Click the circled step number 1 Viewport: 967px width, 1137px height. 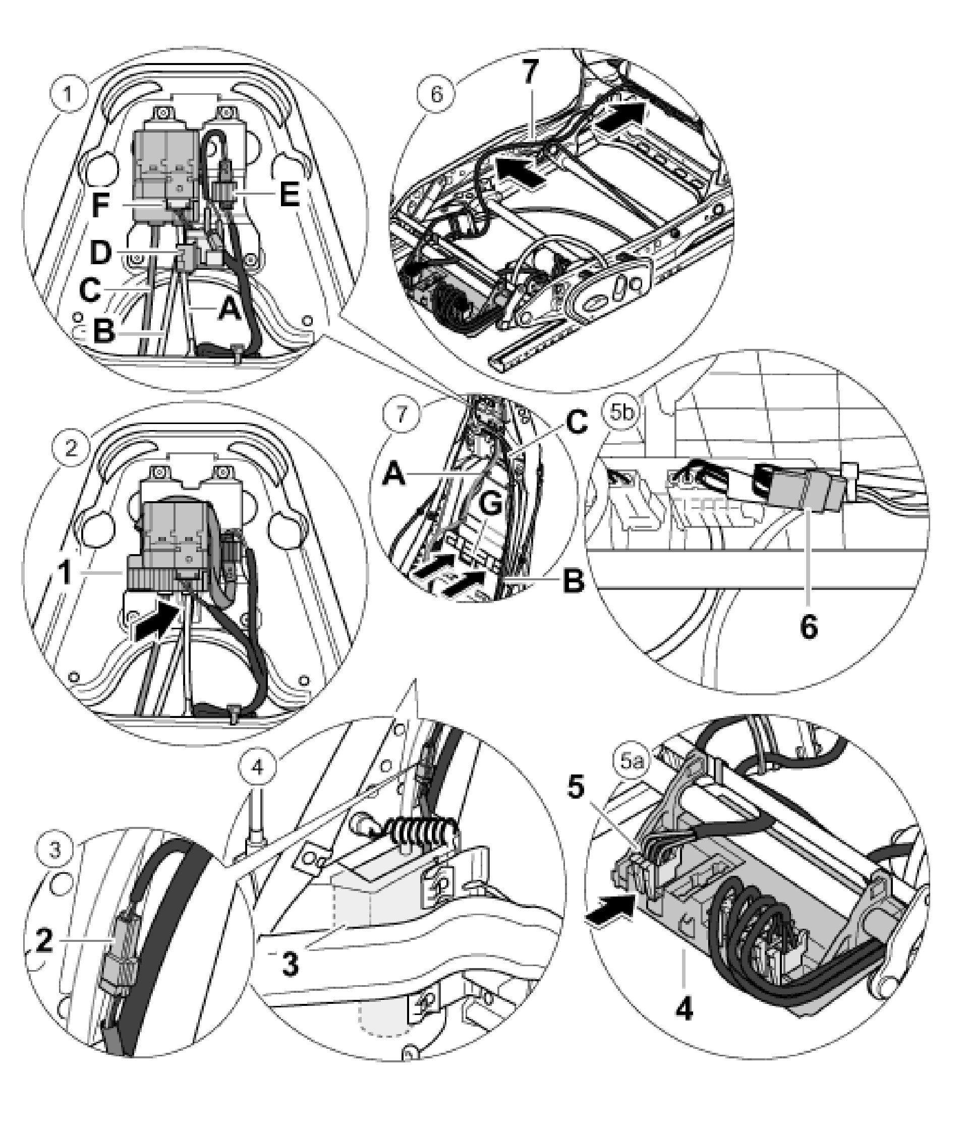(x=68, y=94)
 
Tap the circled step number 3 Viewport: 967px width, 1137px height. (x=56, y=850)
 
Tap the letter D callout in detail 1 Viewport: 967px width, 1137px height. (x=100, y=253)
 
